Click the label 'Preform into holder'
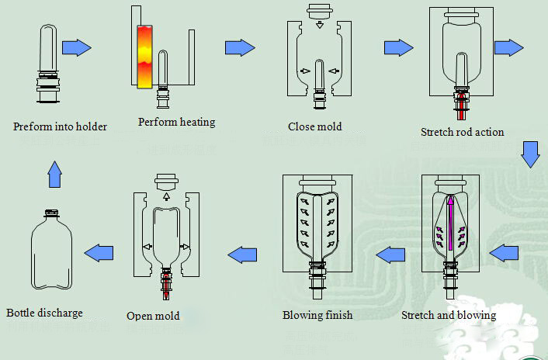[x=60, y=126]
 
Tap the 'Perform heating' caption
[x=176, y=122]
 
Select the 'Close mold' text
[x=314, y=126]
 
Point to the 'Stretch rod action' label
[x=462, y=132]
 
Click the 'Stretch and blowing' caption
[x=449, y=315]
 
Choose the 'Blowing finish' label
[x=317, y=315]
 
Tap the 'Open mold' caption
[x=153, y=316]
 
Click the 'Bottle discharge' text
[x=44, y=313]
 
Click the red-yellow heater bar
[x=145, y=56]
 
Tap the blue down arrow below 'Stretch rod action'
[x=530, y=154]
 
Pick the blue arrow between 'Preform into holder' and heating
[x=77, y=47]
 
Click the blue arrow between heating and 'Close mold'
[x=240, y=47]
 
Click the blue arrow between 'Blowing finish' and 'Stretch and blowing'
[x=390, y=253]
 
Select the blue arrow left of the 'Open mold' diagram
[x=99, y=251]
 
